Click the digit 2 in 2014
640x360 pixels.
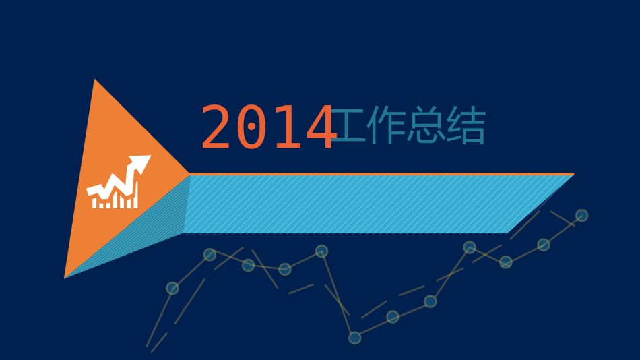tap(215, 126)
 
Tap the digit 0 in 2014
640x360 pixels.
tap(251, 126)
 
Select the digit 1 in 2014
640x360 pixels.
tap(286, 126)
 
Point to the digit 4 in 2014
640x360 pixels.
tap(321, 126)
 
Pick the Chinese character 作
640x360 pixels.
tap(386, 125)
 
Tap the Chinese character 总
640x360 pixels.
tap(426, 125)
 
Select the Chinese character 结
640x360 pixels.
tap(466, 125)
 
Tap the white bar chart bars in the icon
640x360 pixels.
tap(115, 199)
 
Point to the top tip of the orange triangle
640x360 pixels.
tap(95, 80)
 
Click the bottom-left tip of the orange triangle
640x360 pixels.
tap(65, 278)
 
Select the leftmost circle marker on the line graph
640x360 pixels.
tap(172, 289)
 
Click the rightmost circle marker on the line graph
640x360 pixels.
tap(581, 215)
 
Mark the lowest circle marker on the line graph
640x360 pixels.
tap(354, 338)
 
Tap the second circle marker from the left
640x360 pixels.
tap(210, 255)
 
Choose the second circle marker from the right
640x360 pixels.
tap(543, 245)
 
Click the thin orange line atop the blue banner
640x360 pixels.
tap(381, 174)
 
